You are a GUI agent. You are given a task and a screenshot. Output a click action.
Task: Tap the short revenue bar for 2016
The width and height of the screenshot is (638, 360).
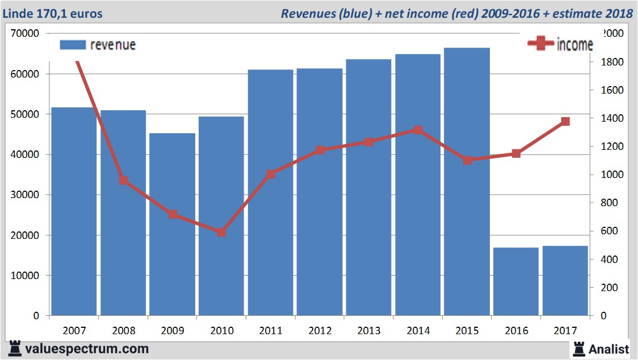[x=516, y=281]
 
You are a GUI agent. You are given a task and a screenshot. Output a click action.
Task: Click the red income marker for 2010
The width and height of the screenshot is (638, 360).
[x=222, y=233]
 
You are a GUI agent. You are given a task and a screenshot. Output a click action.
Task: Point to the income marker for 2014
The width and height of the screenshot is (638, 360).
[x=418, y=130]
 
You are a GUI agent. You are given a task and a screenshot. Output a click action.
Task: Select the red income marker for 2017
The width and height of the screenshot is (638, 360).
[x=565, y=121]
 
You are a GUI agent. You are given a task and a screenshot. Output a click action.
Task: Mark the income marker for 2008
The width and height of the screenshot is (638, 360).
[x=123, y=180]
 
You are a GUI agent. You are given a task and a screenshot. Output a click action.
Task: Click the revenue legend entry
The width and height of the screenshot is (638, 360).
[x=98, y=45]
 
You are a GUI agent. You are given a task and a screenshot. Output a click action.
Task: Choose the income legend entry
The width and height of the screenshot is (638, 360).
[x=560, y=45]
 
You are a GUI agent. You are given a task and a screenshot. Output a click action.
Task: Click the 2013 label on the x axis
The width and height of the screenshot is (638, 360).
[x=369, y=330]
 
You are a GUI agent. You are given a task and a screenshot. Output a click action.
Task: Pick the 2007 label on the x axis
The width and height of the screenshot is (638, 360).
[x=75, y=330]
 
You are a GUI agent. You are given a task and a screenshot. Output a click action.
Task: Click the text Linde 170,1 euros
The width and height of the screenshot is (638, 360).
[x=53, y=13]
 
